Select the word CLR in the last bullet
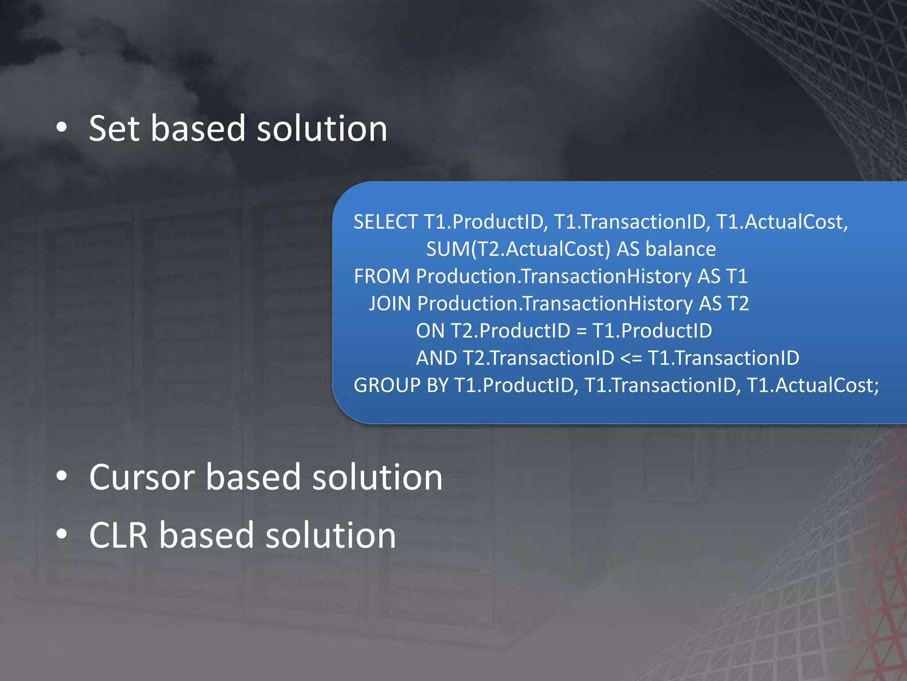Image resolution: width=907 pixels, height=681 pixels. point(118,536)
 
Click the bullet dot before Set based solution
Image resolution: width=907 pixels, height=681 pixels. point(62,128)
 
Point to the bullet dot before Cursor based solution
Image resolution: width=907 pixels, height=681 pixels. point(62,477)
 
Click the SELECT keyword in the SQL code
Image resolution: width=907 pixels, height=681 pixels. point(385,222)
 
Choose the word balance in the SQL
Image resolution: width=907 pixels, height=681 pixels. point(680,249)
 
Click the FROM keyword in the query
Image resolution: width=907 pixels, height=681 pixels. point(381,277)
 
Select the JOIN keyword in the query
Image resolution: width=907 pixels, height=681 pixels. point(390,304)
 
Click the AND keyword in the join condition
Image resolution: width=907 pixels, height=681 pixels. point(436,358)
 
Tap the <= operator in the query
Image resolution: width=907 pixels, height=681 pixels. point(631,358)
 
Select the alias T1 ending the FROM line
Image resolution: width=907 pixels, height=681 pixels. point(736,277)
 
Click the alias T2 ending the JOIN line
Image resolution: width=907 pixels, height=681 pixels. point(737,304)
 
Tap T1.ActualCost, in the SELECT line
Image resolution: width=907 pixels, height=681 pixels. point(782,222)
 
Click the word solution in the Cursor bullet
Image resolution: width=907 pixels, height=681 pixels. point(377,477)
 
